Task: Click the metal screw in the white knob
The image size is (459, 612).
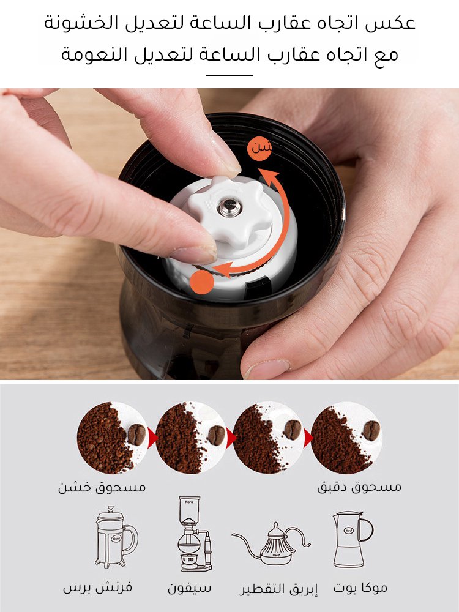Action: coord(229,207)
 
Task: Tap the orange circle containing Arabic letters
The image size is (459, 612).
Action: coord(259,149)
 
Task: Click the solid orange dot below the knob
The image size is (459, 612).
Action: coord(202,282)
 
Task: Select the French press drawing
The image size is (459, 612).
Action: coord(116,537)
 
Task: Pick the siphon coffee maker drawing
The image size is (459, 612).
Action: coord(194,534)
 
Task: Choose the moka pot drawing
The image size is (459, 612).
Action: coord(353,539)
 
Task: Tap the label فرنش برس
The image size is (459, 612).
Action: coord(97,588)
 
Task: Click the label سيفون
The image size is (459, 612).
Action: coord(189,588)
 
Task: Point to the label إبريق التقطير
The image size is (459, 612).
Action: coord(278,589)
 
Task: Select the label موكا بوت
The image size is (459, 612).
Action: coord(360,588)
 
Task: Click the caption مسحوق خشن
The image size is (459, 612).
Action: coord(102,487)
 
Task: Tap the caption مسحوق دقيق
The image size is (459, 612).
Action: coord(359,487)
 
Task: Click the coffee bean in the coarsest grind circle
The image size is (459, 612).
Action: coord(136,435)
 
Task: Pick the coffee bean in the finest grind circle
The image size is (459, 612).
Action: coord(371,430)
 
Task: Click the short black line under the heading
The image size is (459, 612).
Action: coord(229,75)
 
